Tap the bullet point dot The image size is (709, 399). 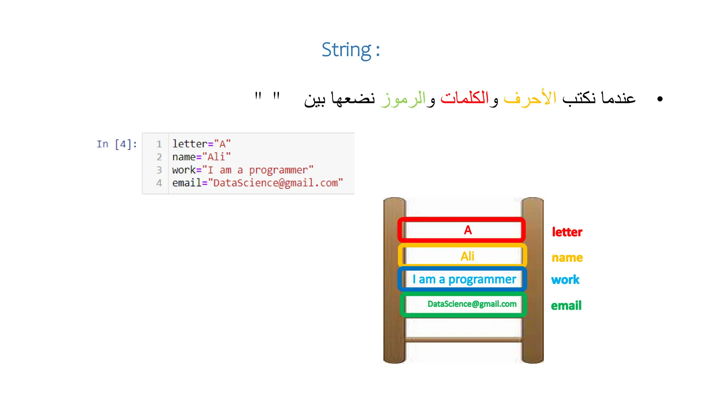click(x=659, y=99)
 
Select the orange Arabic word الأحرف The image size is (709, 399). click(x=530, y=98)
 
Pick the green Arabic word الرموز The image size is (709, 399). click(x=403, y=99)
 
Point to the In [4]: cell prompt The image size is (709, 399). click(x=117, y=144)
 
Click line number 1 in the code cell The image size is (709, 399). click(x=159, y=144)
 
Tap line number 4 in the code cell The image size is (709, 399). click(x=159, y=183)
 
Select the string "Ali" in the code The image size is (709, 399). click(x=216, y=157)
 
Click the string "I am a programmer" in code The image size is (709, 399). click(x=258, y=170)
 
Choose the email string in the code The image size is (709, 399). click(x=276, y=183)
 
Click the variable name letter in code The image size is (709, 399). click(x=190, y=144)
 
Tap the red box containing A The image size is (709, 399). click(x=462, y=230)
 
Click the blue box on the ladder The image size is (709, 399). click(x=463, y=279)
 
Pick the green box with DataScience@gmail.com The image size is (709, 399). click(x=463, y=304)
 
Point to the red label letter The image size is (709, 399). click(x=567, y=232)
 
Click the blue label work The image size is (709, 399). click(x=565, y=280)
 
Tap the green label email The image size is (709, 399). click(x=566, y=306)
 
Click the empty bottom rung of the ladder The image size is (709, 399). click(x=463, y=339)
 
